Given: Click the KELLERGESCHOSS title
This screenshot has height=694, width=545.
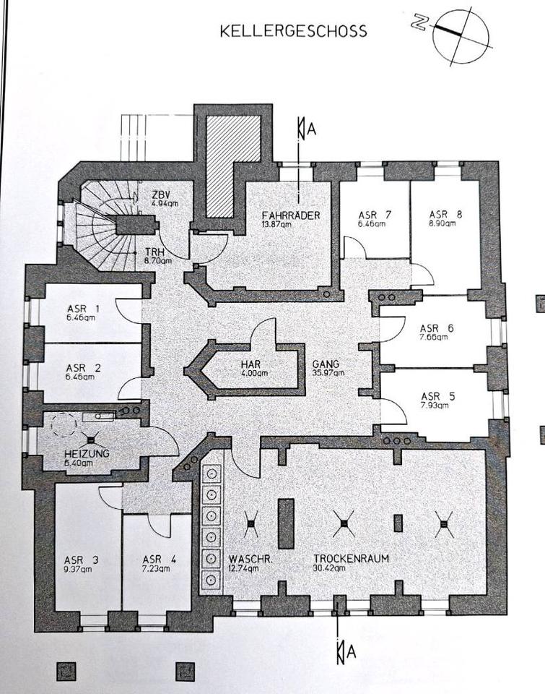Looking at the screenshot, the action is point(293,31).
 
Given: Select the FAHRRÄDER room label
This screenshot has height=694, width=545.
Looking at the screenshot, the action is point(291,215).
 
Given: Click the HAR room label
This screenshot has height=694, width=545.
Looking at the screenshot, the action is point(251,364).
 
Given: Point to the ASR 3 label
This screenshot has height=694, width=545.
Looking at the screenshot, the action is point(80,559).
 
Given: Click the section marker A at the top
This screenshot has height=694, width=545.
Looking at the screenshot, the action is point(310,129).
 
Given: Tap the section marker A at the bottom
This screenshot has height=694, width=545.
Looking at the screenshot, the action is point(350,651).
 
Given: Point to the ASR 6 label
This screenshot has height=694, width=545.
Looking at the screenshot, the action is point(437,328).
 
